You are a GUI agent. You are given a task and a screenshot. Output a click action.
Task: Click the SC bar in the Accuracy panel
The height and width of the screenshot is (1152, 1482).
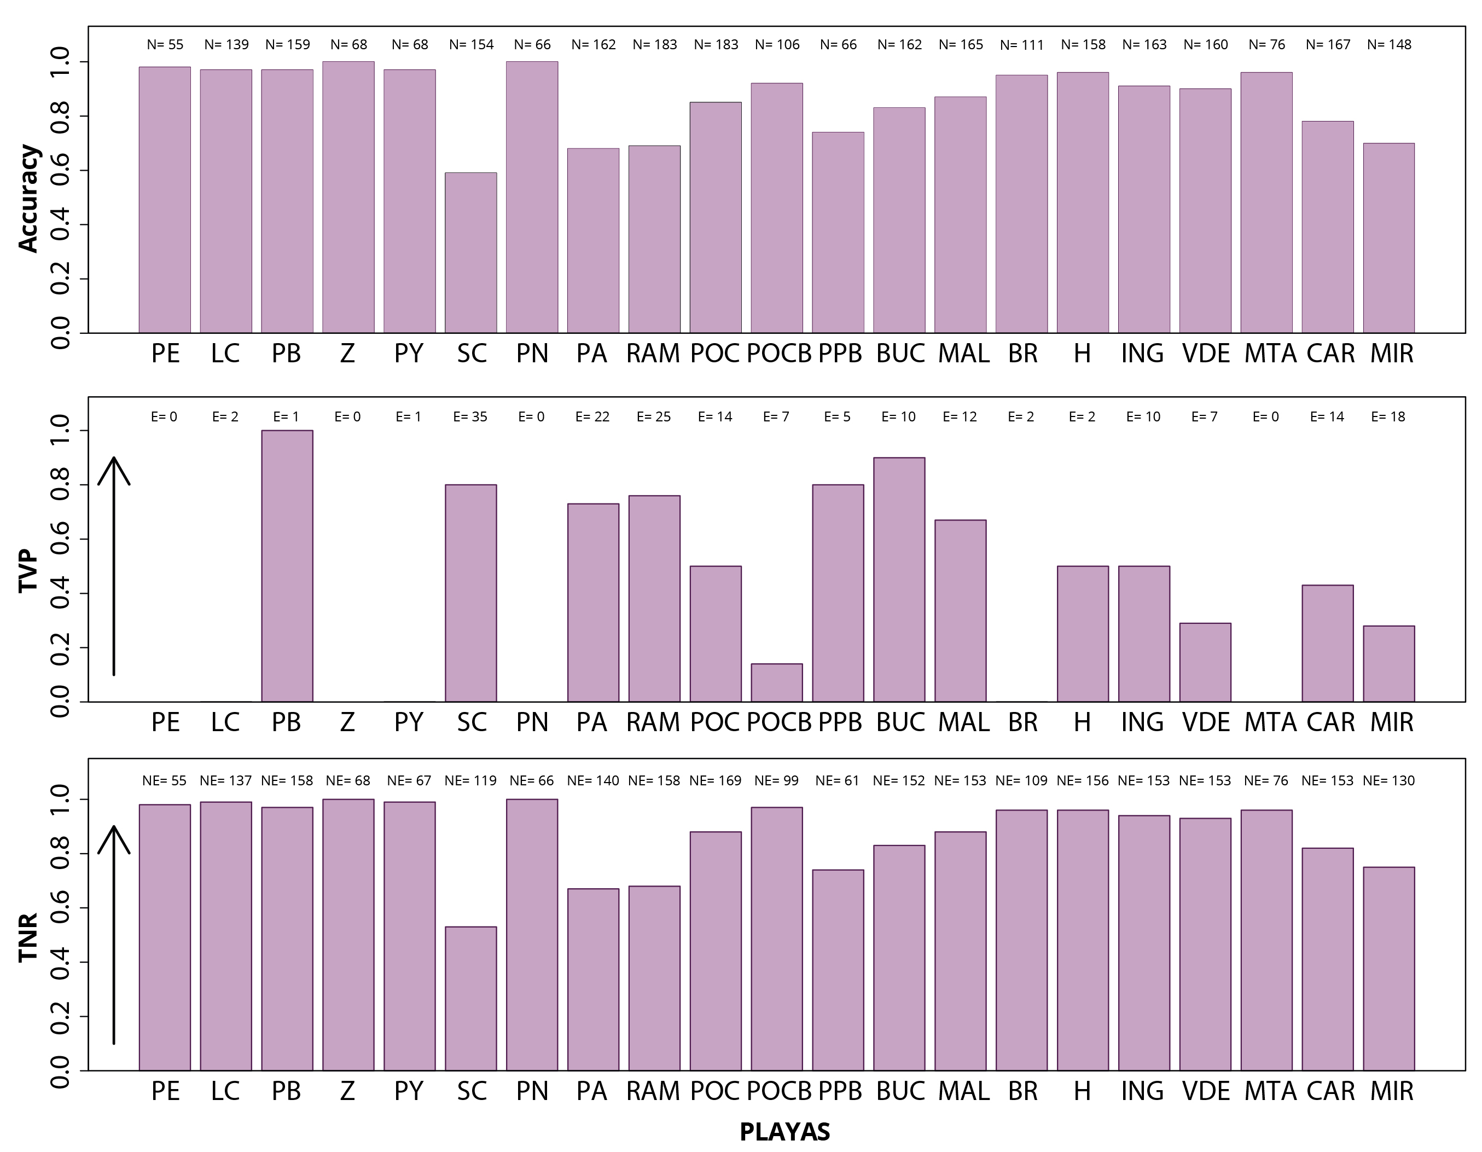click(x=470, y=252)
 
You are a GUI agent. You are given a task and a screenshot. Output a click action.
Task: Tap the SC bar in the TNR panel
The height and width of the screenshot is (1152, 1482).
click(x=470, y=998)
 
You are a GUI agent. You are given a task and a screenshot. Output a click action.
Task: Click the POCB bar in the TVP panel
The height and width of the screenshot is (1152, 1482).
click(x=776, y=682)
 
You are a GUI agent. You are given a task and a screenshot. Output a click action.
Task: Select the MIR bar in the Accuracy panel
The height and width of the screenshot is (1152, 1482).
click(x=1388, y=238)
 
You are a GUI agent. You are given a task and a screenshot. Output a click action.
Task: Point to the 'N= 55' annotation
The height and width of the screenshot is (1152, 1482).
click(x=165, y=45)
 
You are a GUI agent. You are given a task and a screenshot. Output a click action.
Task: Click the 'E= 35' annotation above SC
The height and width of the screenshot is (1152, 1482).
click(x=470, y=417)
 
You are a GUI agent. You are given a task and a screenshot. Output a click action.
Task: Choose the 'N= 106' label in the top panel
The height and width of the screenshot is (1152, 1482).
click(x=777, y=45)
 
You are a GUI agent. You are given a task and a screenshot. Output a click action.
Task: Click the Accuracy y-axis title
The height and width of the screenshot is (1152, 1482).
click(x=28, y=198)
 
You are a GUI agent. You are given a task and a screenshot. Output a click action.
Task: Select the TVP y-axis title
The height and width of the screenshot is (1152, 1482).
click(x=28, y=570)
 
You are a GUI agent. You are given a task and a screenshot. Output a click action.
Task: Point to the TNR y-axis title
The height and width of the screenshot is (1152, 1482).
click(x=28, y=937)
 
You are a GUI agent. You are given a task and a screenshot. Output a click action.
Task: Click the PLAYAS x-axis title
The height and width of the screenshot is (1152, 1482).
click(x=784, y=1132)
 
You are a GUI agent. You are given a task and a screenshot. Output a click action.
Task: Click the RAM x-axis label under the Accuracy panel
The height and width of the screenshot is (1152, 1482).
click(x=653, y=354)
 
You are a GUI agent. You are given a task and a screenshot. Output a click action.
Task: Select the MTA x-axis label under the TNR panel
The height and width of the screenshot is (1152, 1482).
click(x=1270, y=1091)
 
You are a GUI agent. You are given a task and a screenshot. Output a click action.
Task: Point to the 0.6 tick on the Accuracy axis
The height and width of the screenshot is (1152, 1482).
click(x=60, y=170)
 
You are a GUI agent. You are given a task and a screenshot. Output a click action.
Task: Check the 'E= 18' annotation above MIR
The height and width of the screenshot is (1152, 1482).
click(x=1388, y=417)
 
